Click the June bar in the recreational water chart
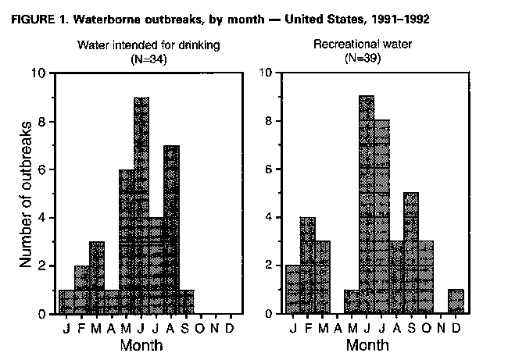click(367, 205)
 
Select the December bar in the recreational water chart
click(456, 301)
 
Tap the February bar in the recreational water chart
click(307, 266)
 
